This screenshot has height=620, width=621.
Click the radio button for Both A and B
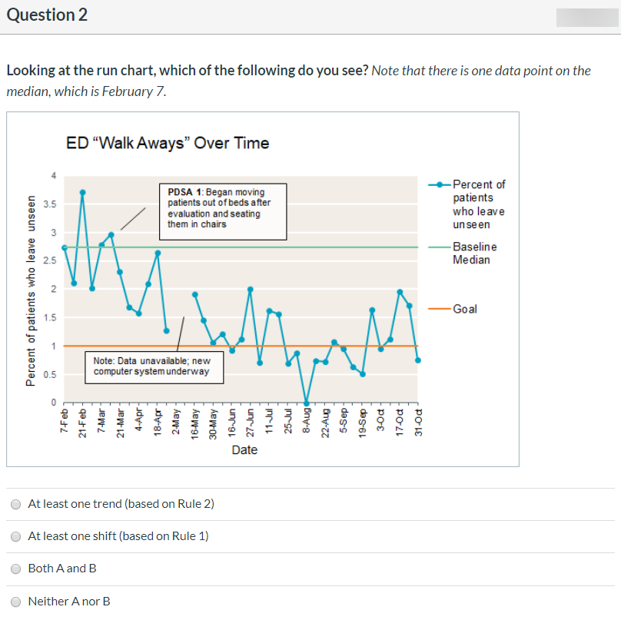click(x=15, y=569)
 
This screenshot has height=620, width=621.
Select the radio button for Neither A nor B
click(x=15, y=602)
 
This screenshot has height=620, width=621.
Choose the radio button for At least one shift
click(x=15, y=536)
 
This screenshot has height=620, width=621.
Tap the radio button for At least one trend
click(x=15, y=504)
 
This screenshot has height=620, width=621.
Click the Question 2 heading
click(x=47, y=15)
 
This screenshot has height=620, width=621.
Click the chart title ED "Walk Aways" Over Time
click(x=168, y=143)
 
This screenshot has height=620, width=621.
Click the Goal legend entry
click(x=465, y=309)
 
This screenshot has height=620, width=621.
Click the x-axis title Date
click(x=244, y=450)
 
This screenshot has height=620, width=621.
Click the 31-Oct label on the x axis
click(x=418, y=421)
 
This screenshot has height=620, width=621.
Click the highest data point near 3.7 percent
click(x=82, y=192)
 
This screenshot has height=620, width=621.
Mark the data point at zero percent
click(x=307, y=403)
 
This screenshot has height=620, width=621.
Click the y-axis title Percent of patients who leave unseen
click(x=31, y=290)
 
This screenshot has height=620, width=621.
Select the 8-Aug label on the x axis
click(x=307, y=421)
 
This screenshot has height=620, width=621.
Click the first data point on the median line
click(x=65, y=247)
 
